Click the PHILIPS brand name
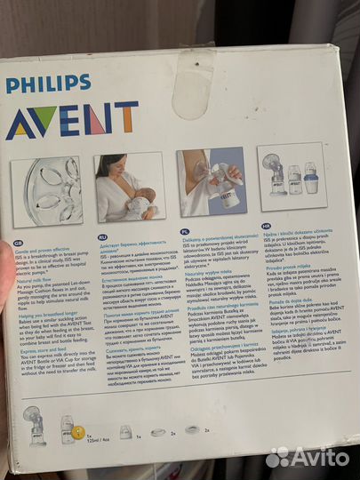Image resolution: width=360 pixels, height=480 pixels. (x=54, y=85)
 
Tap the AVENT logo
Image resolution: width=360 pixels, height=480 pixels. (x=72, y=120)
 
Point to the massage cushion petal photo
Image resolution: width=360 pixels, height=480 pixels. (x=47, y=192)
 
